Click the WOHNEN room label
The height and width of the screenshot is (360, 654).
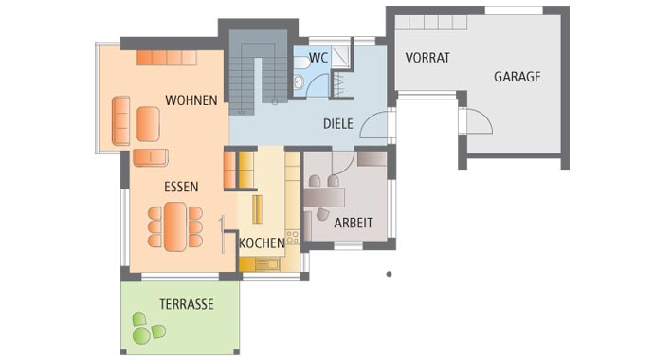[191, 100]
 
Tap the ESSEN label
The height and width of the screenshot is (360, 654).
[180, 187]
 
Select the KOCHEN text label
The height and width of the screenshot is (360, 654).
[262, 243]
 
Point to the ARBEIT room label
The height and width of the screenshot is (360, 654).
[352, 223]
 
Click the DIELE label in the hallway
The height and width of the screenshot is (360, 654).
[337, 123]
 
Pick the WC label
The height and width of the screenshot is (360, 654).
[318, 58]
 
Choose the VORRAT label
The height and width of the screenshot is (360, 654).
[427, 58]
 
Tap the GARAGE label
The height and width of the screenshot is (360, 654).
[517, 77]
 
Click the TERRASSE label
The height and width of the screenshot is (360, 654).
[186, 304]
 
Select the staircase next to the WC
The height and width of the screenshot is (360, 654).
[259, 71]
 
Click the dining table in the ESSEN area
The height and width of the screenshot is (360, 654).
[175, 226]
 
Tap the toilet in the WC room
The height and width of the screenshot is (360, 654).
[300, 82]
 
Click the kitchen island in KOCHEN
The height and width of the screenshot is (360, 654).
[257, 208]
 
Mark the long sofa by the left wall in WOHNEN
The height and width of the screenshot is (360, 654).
[120, 121]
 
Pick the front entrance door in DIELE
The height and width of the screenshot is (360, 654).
[376, 125]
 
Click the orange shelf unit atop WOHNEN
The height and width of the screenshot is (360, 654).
[166, 58]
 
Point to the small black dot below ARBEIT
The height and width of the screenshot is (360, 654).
[389, 274]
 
